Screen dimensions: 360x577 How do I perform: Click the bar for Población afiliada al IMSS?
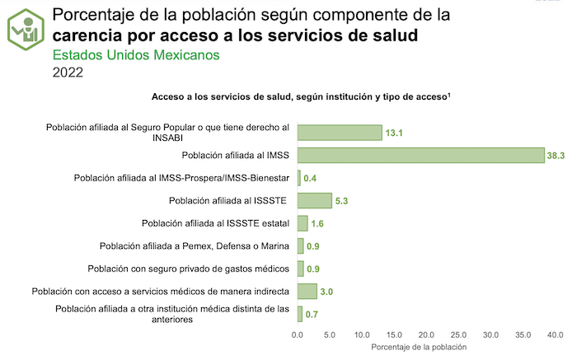point(420,155)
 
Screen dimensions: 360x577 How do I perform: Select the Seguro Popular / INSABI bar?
point(340,133)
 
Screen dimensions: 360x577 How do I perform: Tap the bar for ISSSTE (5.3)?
point(314,200)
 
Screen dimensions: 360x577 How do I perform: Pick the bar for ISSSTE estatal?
point(303,223)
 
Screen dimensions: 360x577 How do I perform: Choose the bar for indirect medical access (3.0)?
point(307,291)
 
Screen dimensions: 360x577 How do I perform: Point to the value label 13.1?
point(395,133)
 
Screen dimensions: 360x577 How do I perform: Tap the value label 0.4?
point(312,178)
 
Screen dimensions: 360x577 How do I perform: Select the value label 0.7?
point(312,314)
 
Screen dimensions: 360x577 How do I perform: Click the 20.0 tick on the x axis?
point(427,334)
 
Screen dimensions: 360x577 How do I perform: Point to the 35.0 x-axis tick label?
point(524,334)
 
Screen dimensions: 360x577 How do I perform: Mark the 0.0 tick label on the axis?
point(298,334)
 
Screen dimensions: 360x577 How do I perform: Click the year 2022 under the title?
point(68,72)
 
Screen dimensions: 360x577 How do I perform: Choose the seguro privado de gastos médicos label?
point(188,269)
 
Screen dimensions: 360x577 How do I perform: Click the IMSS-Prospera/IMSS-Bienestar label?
point(181,178)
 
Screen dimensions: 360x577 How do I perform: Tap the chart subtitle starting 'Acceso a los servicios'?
point(300,97)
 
